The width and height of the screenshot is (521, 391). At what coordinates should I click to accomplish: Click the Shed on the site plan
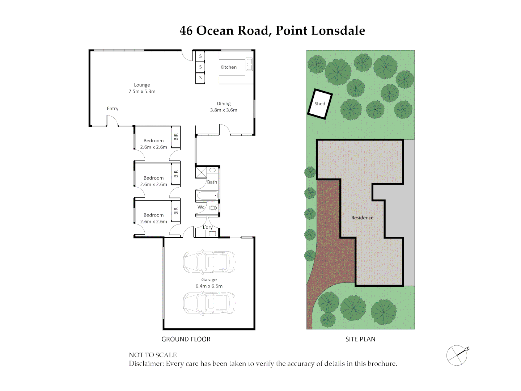tap(320, 104)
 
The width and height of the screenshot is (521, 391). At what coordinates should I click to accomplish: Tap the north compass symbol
tap(457, 355)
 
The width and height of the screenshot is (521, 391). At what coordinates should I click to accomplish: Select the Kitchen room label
tap(228, 67)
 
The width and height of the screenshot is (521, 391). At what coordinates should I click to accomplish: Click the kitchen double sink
tap(249, 64)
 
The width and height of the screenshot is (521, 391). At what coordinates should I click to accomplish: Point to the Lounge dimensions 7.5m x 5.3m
tap(142, 92)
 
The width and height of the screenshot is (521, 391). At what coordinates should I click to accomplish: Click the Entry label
tap(113, 109)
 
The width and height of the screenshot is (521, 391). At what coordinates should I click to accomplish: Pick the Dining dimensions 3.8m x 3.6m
tap(224, 110)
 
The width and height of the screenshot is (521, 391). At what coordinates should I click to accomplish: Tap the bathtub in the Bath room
tap(207, 196)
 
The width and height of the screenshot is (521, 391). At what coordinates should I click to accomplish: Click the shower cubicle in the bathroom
tap(201, 173)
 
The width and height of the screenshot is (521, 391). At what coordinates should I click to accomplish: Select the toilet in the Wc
tap(213, 208)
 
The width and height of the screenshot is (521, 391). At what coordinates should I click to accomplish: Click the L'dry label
tap(208, 227)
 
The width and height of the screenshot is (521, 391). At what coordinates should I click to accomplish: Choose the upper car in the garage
tap(209, 261)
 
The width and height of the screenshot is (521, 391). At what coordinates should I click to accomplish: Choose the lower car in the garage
tap(209, 303)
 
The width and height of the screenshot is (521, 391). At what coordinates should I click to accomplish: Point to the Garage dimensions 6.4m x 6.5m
tap(209, 286)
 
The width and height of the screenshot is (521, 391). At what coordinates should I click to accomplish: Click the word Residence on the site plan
tap(362, 218)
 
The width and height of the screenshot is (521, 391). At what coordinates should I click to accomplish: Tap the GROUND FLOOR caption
tap(186, 339)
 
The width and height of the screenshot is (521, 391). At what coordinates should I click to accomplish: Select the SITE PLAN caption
tap(360, 339)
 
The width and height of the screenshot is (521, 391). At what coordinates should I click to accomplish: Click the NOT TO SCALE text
tap(153, 355)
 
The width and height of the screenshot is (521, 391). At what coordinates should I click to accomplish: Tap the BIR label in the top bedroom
tap(176, 137)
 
